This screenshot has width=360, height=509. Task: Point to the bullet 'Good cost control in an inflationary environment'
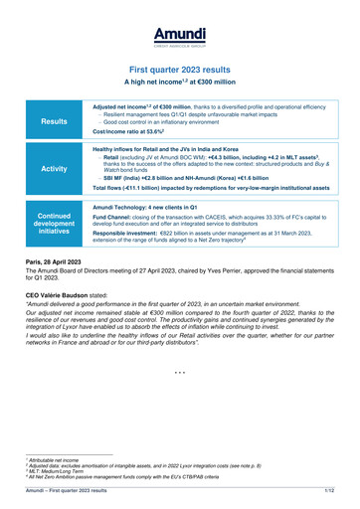pyautogui.click(x=163, y=121)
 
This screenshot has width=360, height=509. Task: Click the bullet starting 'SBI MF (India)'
pyautogui.click(x=180, y=178)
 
